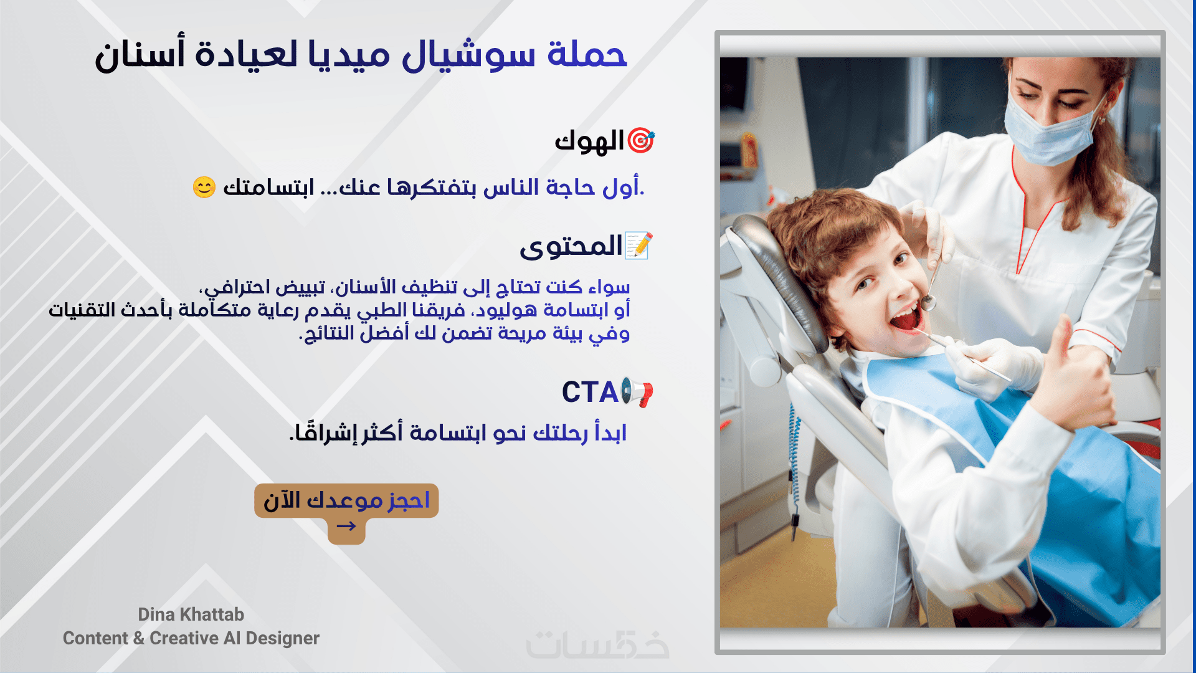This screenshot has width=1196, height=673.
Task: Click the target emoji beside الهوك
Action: point(640,141)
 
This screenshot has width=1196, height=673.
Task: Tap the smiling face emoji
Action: point(204,187)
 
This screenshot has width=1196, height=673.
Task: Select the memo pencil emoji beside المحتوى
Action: point(638,246)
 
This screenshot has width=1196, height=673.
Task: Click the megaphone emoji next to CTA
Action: point(637,393)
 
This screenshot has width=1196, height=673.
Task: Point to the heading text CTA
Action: point(589,393)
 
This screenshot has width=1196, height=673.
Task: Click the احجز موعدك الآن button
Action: point(346,500)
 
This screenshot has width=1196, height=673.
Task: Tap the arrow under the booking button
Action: point(346,527)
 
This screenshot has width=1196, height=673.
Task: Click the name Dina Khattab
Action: point(191,614)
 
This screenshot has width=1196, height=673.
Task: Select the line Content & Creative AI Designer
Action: point(191,638)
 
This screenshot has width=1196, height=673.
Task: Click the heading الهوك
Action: point(589,141)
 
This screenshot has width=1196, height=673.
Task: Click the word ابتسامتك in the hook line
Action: point(268,187)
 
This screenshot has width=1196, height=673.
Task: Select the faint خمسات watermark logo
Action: point(597,646)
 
